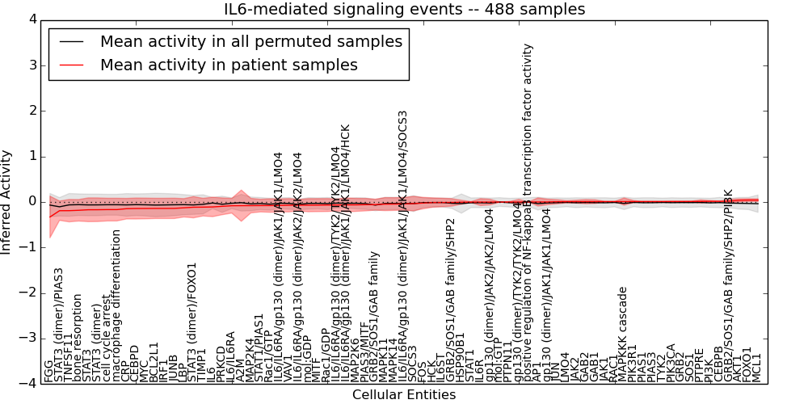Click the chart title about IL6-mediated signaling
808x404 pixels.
[404, 10]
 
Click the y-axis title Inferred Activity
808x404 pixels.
[7, 202]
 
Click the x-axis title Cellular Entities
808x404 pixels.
[404, 395]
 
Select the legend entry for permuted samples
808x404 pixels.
[250, 41]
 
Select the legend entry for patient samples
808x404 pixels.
[229, 65]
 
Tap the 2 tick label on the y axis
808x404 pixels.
[32, 111]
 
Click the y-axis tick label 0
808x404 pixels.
[32, 202]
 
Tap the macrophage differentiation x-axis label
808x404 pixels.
[116, 305]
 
